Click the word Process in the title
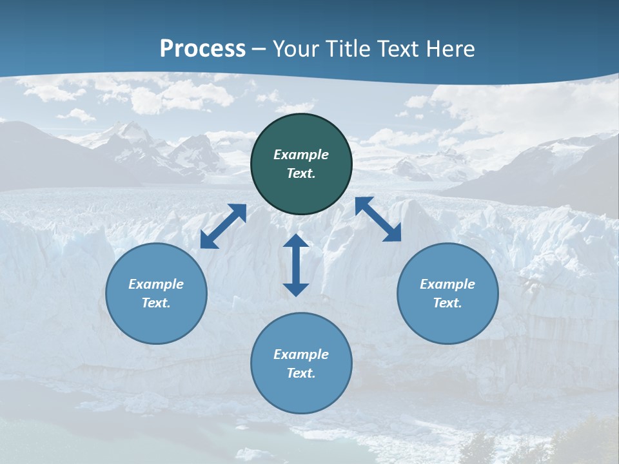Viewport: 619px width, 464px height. point(202,49)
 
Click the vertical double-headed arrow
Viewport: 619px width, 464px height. point(296,265)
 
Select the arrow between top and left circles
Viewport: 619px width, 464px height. point(223,226)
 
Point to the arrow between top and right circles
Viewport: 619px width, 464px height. point(378,219)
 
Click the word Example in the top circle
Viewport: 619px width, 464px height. point(301,155)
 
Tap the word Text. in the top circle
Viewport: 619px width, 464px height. point(301,173)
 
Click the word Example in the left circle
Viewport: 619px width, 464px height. point(156,284)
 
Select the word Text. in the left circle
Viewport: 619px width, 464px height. point(156,303)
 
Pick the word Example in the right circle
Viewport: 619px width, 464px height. point(447,284)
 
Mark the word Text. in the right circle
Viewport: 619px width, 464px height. point(447,303)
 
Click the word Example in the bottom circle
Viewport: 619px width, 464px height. point(301,354)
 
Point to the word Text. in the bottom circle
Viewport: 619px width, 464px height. point(301,373)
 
